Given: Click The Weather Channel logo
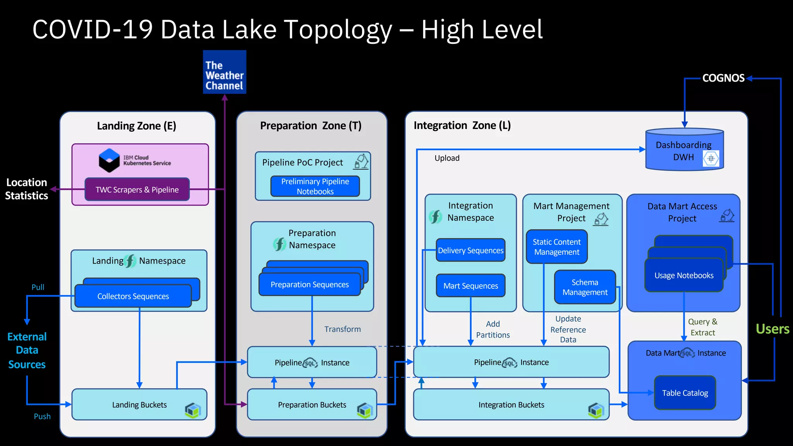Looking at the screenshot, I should (225, 72).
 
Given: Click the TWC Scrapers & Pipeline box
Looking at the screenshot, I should (137, 190).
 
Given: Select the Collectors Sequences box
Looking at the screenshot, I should (133, 296).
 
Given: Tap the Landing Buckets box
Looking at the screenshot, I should (139, 405).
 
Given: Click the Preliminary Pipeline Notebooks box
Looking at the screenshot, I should (315, 186).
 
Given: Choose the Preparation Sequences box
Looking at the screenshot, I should (309, 285).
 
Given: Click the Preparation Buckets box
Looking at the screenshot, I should (312, 405).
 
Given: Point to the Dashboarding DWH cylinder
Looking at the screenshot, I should (684, 151).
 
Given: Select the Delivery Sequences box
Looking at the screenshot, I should (470, 250).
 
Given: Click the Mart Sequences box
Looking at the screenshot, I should (470, 286).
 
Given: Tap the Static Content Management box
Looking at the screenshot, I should (556, 247).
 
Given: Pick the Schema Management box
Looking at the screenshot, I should (585, 287).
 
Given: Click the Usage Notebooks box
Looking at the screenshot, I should (684, 276).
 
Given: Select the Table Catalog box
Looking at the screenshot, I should (685, 393).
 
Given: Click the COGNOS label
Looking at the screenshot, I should (723, 78).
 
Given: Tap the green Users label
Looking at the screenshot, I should (772, 329).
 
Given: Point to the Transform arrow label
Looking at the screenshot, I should (342, 329).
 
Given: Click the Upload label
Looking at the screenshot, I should (447, 158).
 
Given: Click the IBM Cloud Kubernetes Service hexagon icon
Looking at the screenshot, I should (109, 160).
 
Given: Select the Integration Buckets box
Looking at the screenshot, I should (511, 405).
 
